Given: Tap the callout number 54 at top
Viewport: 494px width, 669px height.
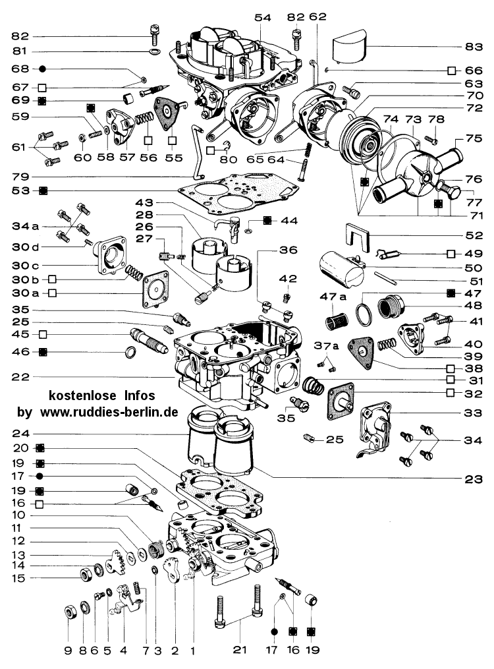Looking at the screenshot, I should pyautogui.click(x=263, y=18).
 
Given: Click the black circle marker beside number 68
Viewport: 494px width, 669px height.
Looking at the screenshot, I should pyautogui.click(x=42, y=69).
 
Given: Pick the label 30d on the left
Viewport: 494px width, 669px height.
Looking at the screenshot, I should pyautogui.click(x=22, y=247).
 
